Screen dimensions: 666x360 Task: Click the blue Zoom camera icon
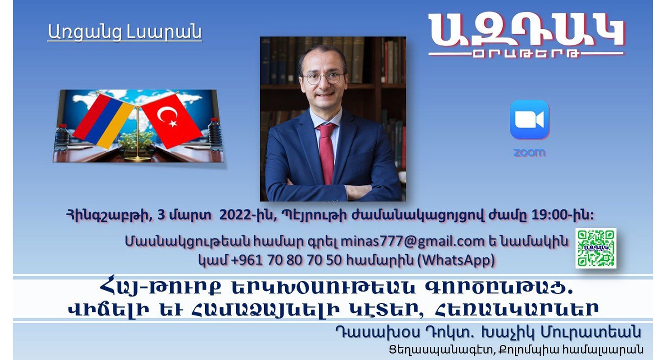(529, 120)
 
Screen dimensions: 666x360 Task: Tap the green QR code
(596, 248)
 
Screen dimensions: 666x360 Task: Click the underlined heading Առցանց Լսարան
(125, 32)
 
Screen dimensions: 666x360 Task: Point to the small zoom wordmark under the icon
(530, 153)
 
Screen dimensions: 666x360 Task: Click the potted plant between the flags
(136, 144)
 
